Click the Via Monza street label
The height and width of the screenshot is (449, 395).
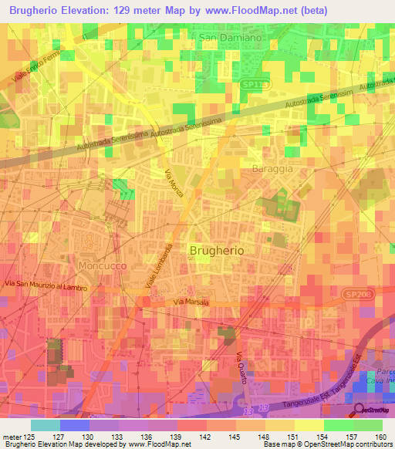click(x=174, y=182)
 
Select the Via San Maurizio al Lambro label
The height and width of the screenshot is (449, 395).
click(x=45, y=287)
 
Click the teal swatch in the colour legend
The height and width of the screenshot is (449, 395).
click(x=46, y=425)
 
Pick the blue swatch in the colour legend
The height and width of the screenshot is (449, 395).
click(x=75, y=425)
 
